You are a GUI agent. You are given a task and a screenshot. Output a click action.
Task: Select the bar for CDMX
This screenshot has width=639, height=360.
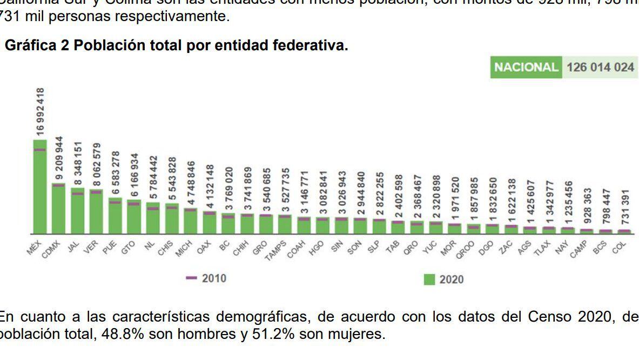58,210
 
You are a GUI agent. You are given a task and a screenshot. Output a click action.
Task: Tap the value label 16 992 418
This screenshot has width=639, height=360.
41,111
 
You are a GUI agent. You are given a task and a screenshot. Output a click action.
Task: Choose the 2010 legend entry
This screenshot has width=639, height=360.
206,278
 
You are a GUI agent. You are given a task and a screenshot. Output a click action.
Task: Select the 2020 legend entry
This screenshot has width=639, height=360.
444,279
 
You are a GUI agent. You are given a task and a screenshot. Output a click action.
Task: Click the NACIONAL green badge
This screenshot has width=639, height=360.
526,68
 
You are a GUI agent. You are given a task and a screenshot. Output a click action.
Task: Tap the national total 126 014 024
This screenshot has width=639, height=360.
600,68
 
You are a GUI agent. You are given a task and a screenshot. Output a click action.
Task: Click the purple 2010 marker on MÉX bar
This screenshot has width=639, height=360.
40,150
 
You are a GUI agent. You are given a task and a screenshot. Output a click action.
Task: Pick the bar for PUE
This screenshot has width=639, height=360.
115,216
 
